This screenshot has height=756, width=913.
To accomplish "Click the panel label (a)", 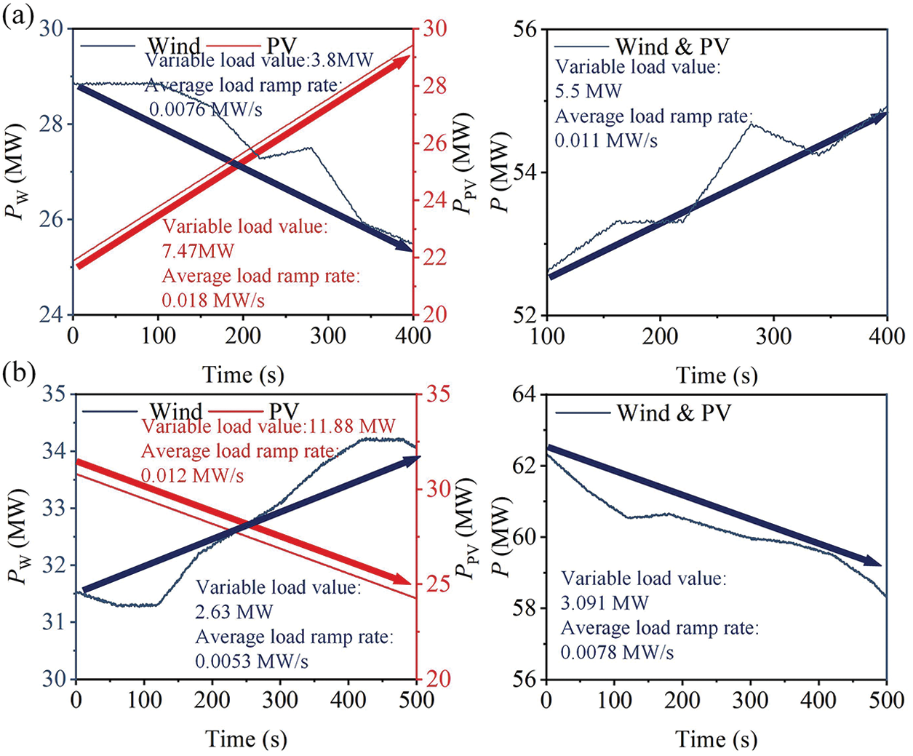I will coord(17,15).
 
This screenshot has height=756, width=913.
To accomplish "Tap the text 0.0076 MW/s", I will coord(206,109).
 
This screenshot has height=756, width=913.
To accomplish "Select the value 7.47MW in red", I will coord(199,251).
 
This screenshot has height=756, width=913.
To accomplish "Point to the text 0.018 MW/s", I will coord(213,300).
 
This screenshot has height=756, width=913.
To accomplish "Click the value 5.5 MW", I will coord(589,92).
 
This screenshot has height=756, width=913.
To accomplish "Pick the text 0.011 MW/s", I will coord(606,140).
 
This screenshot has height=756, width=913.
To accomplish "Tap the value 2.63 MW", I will coord(234,612).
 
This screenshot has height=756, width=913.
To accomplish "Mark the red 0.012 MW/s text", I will coord(192,476).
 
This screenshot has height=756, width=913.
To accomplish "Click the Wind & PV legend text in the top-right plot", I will coord(671,47).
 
